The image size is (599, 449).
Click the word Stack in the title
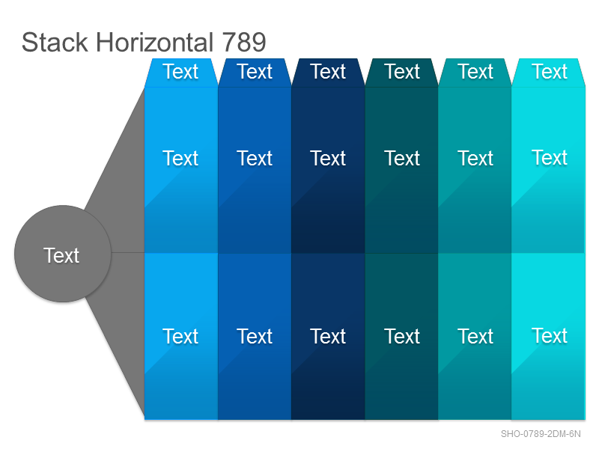(x=55, y=42)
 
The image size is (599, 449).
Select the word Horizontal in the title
(x=154, y=42)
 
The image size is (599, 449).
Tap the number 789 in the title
(x=244, y=42)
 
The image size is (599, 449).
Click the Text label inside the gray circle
(x=61, y=255)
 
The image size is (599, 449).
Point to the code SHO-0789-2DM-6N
(x=541, y=434)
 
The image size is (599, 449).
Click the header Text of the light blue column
(x=180, y=71)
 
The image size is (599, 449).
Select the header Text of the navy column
(x=328, y=71)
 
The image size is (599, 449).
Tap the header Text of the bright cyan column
(x=550, y=71)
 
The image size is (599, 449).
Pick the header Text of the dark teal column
(x=402, y=71)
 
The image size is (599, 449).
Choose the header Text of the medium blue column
(x=255, y=71)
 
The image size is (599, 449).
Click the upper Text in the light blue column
(x=180, y=158)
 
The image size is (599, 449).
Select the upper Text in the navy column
(x=328, y=158)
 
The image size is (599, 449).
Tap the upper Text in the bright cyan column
(x=550, y=157)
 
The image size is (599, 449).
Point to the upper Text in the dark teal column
(x=402, y=158)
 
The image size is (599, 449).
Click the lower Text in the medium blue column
(x=255, y=336)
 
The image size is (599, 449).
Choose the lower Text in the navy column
(x=328, y=336)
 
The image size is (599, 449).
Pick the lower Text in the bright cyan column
(x=550, y=335)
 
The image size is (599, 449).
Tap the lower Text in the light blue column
(x=180, y=336)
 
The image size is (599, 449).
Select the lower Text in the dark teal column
(x=402, y=336)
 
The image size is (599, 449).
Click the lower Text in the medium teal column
(x=475, y=336)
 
